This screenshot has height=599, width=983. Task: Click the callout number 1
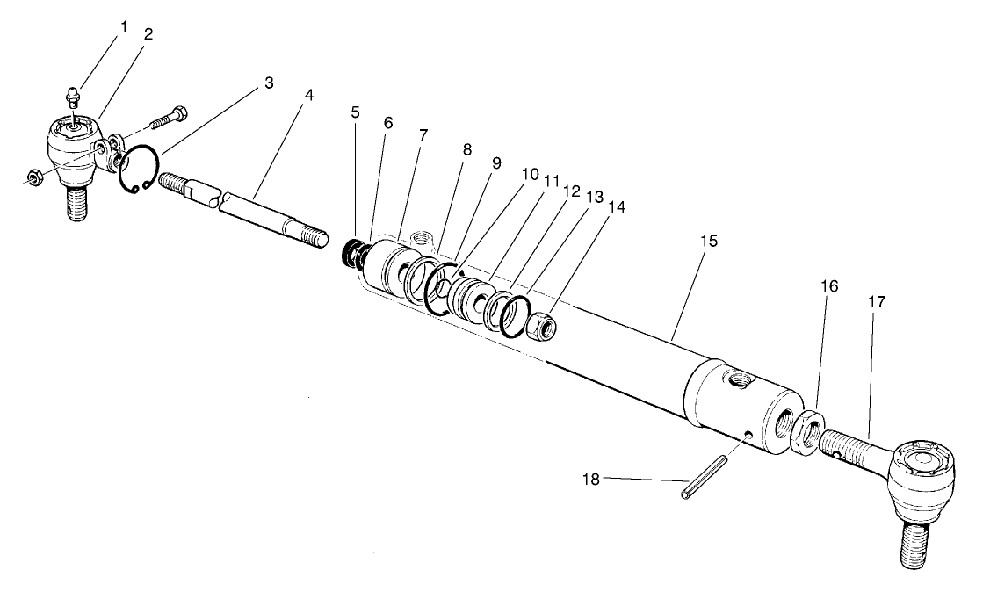click(124, 27)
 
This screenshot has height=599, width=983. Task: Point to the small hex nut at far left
click(34, 178)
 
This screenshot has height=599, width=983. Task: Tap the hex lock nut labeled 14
click(543, 328)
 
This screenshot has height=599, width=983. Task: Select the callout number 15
click(709, 240)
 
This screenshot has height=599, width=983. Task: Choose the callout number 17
click(877, 301)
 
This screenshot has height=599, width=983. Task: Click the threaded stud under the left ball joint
click(76, 203)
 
